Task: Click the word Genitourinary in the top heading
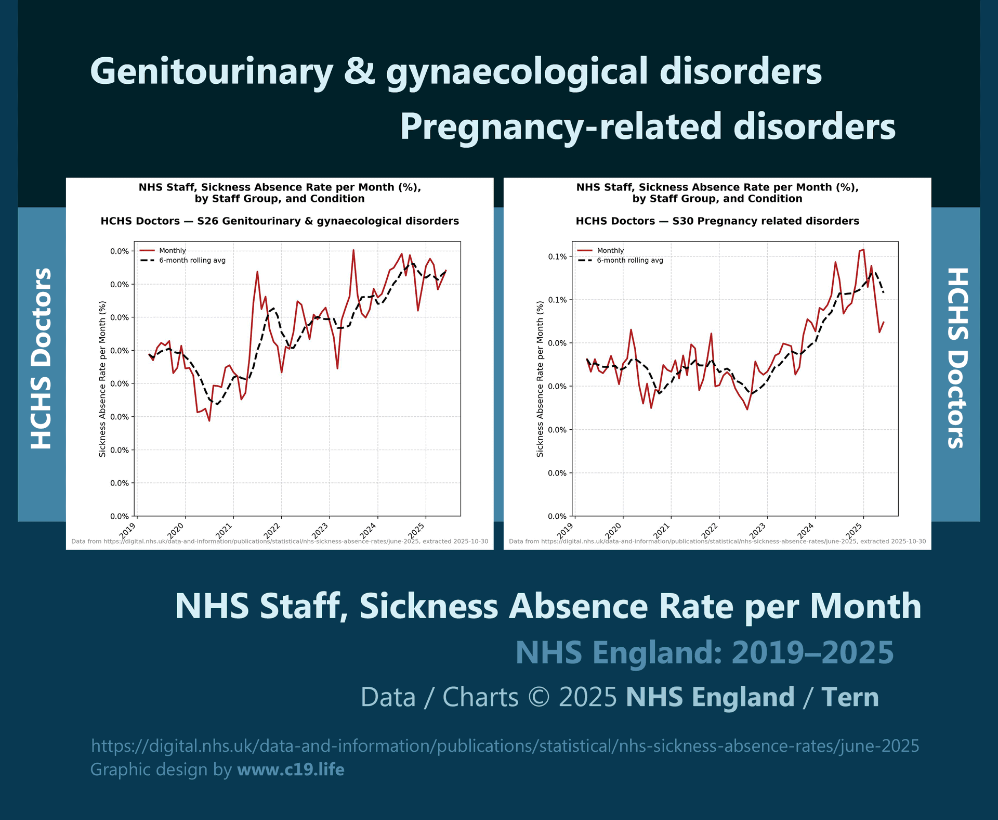coord(211,71)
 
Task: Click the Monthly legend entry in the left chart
coord(172,251)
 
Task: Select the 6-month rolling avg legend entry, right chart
coord(629,260)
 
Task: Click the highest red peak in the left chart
coord(353,250)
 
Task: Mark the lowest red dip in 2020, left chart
coord(209,420)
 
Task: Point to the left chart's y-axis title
coord(102,379)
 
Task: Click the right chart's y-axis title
coord(540,379)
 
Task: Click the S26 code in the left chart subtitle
coord(207,221)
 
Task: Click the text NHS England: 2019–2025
coord(704,652)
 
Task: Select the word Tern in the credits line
coord(850,697)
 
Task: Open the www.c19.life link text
coord(291,770)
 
